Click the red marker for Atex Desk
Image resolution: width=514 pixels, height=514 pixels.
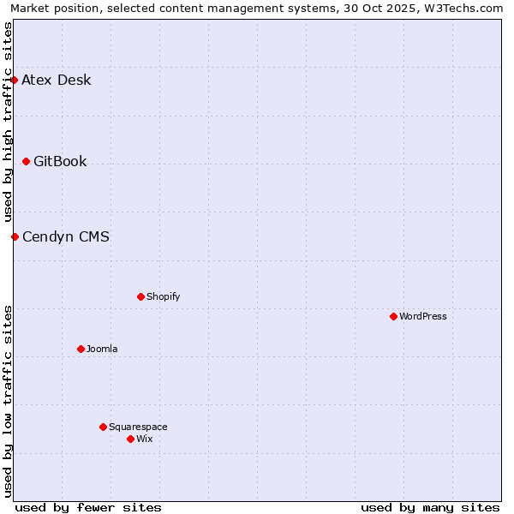point(15,81)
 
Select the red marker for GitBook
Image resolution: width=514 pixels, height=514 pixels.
point(27,161)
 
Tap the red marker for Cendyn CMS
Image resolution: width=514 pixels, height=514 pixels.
point(15,236)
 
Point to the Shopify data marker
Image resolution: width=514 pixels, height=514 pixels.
point(140,296)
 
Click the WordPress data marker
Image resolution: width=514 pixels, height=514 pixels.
point(393,316)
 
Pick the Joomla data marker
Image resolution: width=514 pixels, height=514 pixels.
point(81,349)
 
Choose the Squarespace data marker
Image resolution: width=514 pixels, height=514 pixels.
point(103,427)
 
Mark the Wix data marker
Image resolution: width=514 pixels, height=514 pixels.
point(130,439)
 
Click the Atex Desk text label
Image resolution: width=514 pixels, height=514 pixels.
point(56,81)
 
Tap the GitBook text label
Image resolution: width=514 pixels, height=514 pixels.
point(60,161)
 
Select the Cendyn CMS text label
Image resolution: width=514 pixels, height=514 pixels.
point(66,236)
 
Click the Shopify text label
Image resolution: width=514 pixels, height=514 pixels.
point(163,296)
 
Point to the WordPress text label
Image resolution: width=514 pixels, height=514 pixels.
point(423,316)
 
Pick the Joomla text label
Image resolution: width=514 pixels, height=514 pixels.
point(102,349)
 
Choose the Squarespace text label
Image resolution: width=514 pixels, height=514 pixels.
point(138,427)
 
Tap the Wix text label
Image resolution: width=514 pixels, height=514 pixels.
point(145,439)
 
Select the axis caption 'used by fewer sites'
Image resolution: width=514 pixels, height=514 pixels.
point(88,507)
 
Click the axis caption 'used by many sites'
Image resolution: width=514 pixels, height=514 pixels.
point(430,507)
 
